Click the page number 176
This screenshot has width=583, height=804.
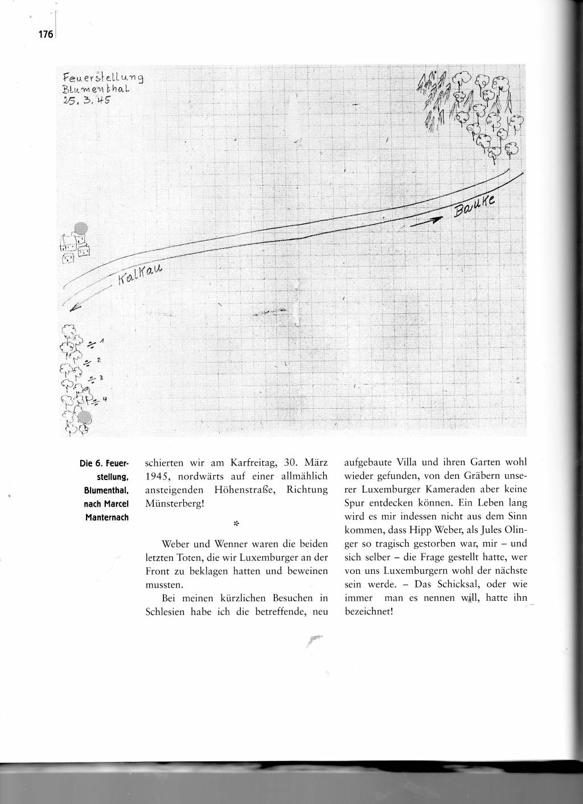pos(46,35)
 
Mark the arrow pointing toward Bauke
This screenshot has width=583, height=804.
pos(426,223)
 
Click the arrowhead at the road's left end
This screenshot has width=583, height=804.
pos(72,309)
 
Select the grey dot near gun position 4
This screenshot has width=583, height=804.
pos(85,417)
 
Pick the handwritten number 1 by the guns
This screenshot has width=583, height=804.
pos(101,342)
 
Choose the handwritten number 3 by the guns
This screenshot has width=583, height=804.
pos(101,378)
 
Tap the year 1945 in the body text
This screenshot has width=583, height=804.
pos(155,475)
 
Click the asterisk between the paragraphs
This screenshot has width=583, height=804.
pos(235,522)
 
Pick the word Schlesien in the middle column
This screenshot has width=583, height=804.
pos(166,612)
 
